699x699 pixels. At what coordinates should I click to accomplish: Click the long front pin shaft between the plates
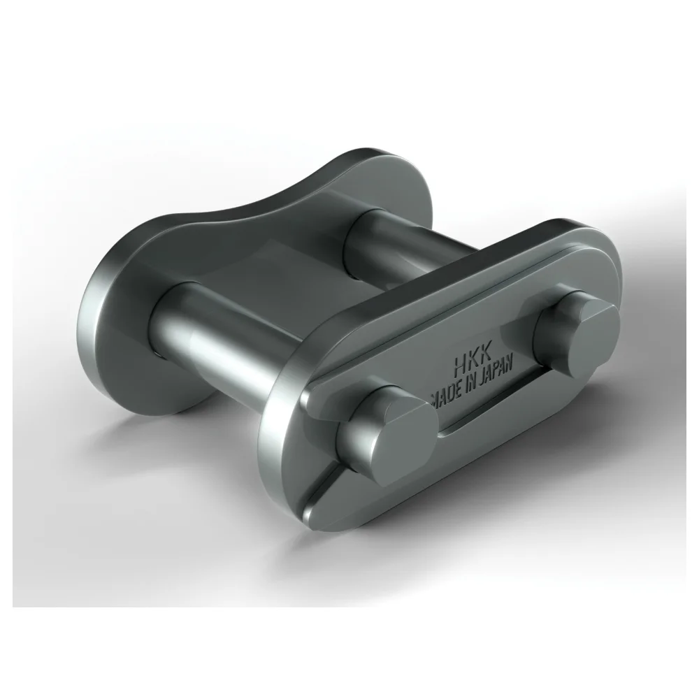217,336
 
